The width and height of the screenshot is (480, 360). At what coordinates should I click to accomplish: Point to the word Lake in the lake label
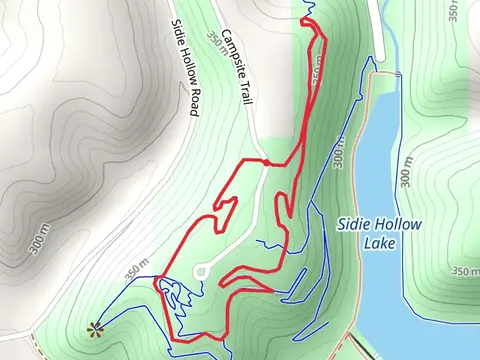(x=380, y=243)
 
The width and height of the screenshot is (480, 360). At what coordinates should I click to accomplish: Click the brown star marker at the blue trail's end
(x=96, y=327)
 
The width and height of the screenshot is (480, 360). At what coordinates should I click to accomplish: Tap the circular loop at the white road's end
(x=200, y=270)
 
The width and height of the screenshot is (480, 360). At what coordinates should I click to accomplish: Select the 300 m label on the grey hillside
(x=37, y=242)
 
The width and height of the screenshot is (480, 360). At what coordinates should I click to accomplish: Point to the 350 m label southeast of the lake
(x=464, y=270)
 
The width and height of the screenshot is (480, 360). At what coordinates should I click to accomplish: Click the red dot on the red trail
(x=266, y=162)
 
